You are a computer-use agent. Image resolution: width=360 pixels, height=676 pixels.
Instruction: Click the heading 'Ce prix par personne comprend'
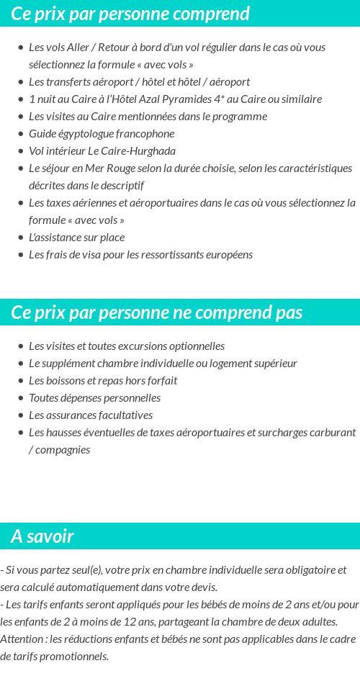coord(130,14)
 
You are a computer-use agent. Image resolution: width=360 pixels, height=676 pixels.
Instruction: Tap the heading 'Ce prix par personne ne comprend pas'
coord(157,312)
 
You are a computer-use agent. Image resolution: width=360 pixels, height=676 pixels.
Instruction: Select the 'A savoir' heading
coord(42,536)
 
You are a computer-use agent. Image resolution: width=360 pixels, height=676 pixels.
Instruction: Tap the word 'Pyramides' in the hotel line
coord(186,99)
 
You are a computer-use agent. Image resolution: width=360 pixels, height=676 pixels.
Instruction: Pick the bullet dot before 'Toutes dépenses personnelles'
coord(21,398)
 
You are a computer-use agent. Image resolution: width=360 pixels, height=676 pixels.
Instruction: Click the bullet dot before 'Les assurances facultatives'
coord(21,415)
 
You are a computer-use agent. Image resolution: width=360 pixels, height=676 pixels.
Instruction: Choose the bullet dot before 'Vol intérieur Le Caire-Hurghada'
coord(21,151)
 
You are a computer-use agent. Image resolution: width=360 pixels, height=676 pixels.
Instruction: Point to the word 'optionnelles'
coord(194,346)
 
